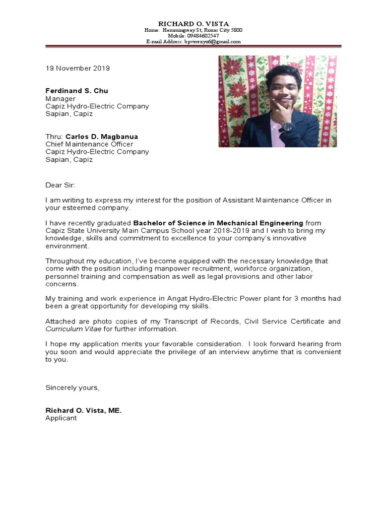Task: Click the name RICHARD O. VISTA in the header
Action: coord(193,24)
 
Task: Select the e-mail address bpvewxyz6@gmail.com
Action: coord(212,42)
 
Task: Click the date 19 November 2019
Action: coord(78,68)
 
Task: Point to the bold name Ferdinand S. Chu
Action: coord(77,91)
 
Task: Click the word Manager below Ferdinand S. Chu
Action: coord(60,99)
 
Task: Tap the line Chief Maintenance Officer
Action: coord(89,144)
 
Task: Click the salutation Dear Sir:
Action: coord(60,185)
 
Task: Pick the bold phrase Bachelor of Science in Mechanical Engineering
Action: coord(218,223)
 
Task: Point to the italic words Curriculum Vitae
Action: coord(74,329)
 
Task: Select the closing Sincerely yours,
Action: coord(73,388)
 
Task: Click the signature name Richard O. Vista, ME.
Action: coord(84,411)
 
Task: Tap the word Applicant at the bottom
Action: coord(61,418)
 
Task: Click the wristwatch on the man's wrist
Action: coord(288,126)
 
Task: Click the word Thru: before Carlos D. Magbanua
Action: coord(54,137)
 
